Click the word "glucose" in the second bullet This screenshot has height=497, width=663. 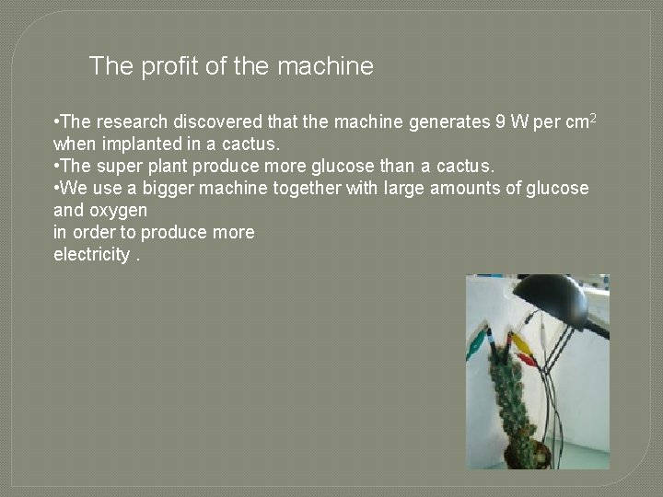(361, 166)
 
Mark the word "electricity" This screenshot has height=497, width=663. (91, 254)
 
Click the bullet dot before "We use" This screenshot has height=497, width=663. (57, 188)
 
